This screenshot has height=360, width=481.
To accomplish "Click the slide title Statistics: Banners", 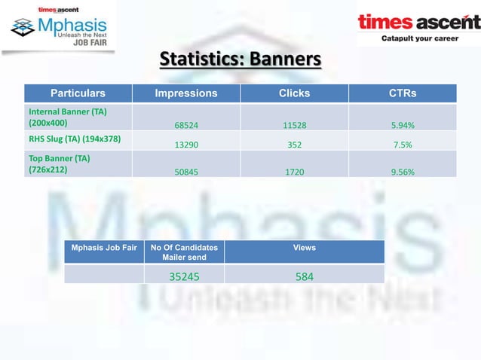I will point(240,59).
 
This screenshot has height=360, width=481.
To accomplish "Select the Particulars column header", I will point(78,93).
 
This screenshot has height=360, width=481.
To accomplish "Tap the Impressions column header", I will point(186,93).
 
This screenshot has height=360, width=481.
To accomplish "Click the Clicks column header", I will point(294,93).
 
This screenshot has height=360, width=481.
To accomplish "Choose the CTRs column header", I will point(402,93).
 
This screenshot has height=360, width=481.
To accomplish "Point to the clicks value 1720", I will point(294,172).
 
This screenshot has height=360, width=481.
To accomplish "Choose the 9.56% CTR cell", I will point(402,172).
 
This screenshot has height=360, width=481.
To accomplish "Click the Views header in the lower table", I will point(305,248).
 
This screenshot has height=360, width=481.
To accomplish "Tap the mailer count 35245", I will point(184,276).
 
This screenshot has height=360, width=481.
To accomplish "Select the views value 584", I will point(305,276).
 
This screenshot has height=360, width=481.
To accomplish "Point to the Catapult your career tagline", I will point(419,38).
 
